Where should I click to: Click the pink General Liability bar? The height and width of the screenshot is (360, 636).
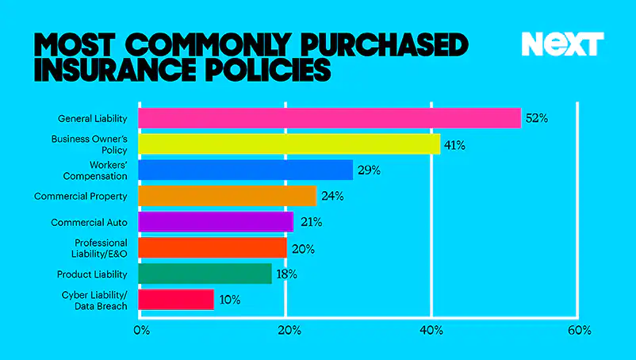(329, 118)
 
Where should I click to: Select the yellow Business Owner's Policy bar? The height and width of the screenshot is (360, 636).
(289, 144)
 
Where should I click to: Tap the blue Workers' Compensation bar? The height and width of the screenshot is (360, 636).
(245, 170)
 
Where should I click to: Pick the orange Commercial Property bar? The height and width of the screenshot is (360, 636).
(227, 196)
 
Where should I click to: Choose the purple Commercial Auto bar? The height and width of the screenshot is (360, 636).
(216, 222)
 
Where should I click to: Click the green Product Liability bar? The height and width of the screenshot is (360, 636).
(205, 274)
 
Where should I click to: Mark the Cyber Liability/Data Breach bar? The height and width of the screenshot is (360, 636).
(175, 300)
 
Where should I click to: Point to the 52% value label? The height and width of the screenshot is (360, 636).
(537, 118)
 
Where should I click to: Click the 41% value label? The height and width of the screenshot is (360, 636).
(454, 144)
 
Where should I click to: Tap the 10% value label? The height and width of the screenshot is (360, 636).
(230, 300)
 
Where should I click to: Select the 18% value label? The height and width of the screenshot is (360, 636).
(286, 274)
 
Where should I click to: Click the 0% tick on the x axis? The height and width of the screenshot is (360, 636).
(143, 331)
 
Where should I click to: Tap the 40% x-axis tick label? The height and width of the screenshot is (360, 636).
(432, 331)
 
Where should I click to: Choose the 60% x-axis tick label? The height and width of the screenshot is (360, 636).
(579, 331)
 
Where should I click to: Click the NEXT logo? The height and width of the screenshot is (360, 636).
(563, 44)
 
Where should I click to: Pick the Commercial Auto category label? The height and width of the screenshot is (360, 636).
(88, 222)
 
